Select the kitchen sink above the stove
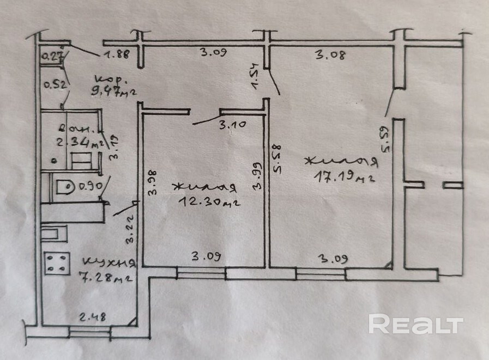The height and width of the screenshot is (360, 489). pos(55,235)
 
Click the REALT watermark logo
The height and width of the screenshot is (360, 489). pos(416,324)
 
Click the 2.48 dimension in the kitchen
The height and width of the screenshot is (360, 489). pos(91,316)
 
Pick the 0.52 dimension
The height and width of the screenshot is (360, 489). pos(53,84)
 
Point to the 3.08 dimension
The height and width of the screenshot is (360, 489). pos(330,54)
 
